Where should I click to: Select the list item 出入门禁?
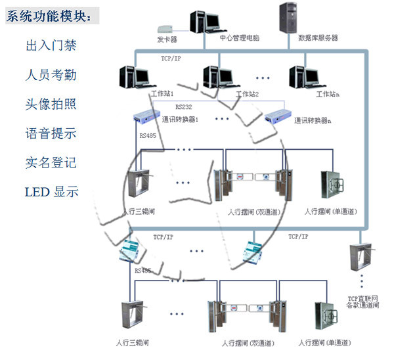pyautogui.click(x=51, y=46)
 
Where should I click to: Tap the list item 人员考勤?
pyautogui.click(x=51, y=75)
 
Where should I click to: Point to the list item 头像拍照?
pyautogui.click(x=51, y=104)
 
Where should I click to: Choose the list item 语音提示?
pyautogui.click(x=51, y=133)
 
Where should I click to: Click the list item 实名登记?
pyautogui.click(x=51, y=162)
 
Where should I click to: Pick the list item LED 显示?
pyautogui.click(x=51, y=192)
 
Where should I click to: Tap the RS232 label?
pyautogui.click(x=184, y=105)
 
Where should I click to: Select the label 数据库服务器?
pyautogui.click(x=318, y=38)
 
